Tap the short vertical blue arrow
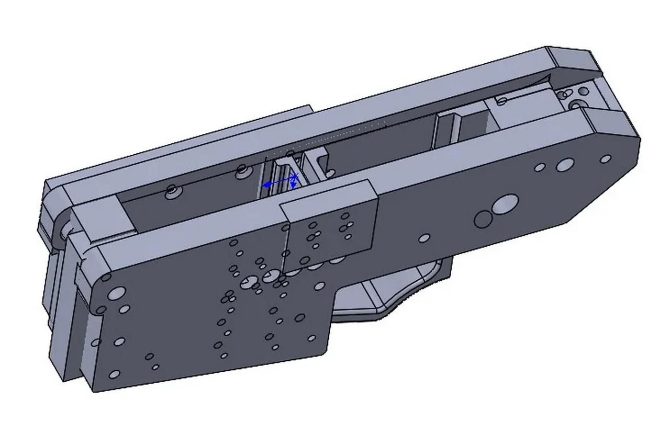[x=294, y=182]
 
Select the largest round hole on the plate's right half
[x=505, y=204]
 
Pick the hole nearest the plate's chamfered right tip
[x=605, y=158]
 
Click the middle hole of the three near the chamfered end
[x=564, y=165]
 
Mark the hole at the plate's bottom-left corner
[x=114, y=374]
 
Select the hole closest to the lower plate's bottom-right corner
[x=312, y=338]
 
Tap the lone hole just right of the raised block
[x=424, y=238]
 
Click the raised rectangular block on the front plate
[x=330, y=225]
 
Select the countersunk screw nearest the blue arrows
[x=242, y=170]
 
